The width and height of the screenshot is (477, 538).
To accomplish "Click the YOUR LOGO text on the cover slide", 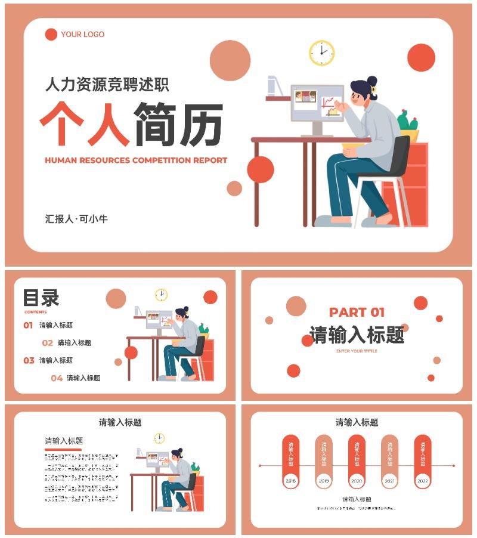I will tap(82, 35).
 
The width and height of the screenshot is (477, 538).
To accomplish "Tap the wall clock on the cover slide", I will tap(322, 52).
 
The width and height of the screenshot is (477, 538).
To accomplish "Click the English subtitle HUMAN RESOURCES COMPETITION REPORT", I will tap(136, 160).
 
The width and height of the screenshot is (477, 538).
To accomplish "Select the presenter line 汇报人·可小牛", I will tap(76, 219).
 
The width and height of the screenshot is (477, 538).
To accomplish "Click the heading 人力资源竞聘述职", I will tap(107, 85).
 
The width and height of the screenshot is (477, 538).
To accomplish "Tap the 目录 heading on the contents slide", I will tap(41, 298).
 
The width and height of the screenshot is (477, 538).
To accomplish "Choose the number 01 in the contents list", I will tap(28, 326).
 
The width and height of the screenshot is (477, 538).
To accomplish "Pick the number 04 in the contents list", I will tap(57, 378).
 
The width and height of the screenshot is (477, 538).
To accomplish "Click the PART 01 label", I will tap(357, 312).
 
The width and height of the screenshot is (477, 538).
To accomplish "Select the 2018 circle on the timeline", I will tap(291, 481).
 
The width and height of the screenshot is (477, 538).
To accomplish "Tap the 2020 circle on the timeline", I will tap(357, 481).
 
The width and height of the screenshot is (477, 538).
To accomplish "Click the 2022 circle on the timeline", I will tap(422, 481).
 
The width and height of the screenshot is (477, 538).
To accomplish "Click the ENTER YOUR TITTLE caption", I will tap(357, 351).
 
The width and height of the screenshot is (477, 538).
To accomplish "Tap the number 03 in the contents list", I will tap(29, 361).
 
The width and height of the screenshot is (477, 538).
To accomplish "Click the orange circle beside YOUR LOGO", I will tap(51, 35).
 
